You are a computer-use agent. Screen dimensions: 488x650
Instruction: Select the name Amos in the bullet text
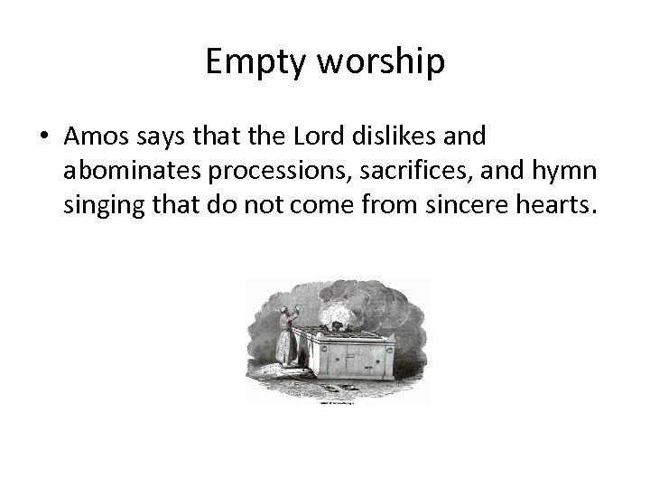coord(97,136)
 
